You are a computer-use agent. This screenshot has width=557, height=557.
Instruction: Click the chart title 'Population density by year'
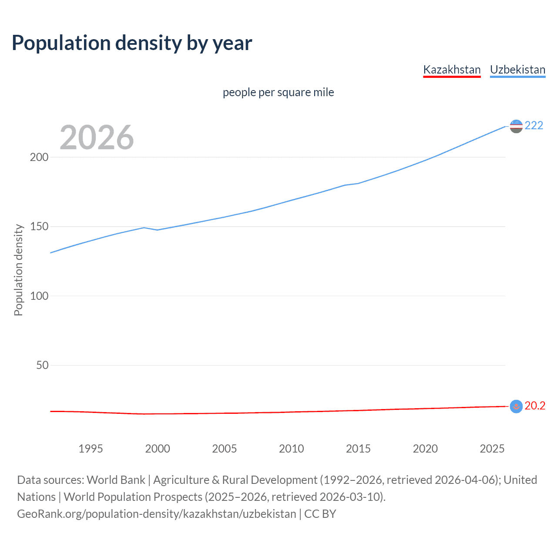point(132,43)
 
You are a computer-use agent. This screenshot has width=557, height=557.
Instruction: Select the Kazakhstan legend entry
point(452,70)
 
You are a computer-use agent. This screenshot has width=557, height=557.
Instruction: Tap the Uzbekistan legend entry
point(517,70)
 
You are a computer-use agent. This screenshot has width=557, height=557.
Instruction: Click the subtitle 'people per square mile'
point(278,92)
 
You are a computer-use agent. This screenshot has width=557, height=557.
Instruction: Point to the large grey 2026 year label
point(97,138)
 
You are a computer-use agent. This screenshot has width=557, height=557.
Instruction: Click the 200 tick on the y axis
point(39,157)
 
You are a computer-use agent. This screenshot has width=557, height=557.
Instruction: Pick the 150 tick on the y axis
point(39,227)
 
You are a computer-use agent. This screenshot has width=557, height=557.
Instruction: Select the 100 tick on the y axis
point(39,296)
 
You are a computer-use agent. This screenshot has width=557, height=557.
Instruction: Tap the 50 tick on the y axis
point(42,365)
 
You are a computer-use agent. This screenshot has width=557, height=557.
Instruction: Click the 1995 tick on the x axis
point(91,449)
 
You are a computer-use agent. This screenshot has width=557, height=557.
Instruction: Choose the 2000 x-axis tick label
point(158,449)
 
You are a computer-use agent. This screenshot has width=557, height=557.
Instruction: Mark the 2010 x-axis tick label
point(291,449)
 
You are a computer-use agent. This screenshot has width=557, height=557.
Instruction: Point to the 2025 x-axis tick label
point(492,449)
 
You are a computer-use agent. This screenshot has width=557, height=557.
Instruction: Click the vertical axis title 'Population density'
point(18,270)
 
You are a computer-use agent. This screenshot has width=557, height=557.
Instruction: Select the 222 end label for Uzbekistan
point(534,125)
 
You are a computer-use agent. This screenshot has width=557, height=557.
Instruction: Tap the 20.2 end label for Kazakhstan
point(535,406)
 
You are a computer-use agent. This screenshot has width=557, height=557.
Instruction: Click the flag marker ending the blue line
point(516,126)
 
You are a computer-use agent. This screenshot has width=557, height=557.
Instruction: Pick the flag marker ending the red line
point(516,406)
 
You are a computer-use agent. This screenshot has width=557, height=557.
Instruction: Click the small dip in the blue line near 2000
point(157,230)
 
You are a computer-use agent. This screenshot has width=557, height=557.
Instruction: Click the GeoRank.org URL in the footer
point(157,514)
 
